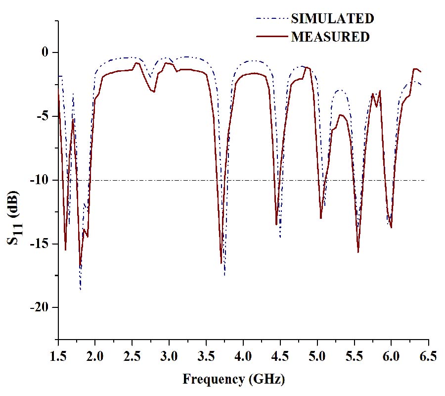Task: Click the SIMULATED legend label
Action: point(332,19)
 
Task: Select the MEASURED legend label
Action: point(330,37)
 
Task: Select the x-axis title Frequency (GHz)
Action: point(233,380)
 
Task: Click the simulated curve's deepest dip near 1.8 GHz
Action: point(80,289)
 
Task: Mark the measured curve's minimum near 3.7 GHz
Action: point(221,263)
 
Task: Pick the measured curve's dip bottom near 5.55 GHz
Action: point(358,252)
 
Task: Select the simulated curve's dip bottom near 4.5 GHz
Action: point(280,237)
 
